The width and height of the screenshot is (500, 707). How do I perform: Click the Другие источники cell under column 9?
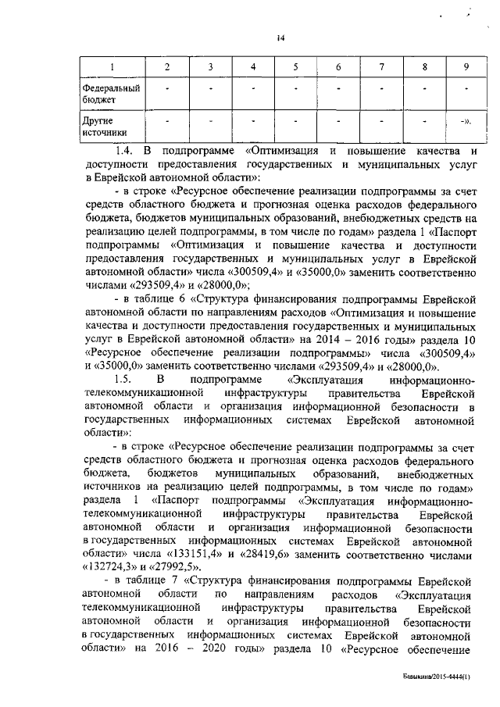coord(466,122)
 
